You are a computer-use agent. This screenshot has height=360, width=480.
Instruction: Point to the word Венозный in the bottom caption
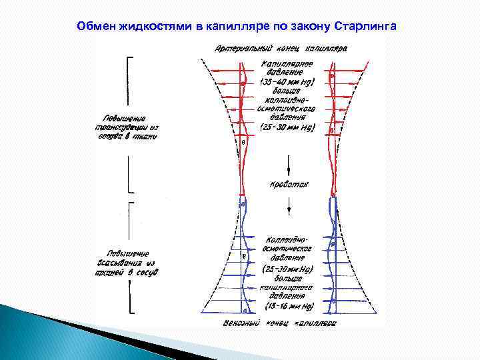tap(241, 323)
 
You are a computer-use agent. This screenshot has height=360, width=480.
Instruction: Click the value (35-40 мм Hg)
tap(287, 83)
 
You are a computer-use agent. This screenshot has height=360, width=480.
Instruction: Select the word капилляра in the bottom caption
tap(314, 323)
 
